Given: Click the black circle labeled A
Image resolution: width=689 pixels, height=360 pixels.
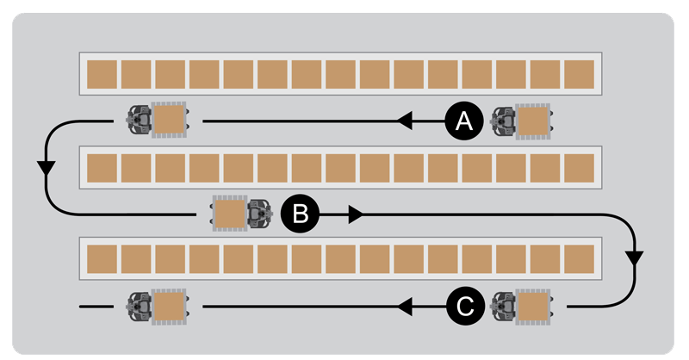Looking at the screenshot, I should [463, 122].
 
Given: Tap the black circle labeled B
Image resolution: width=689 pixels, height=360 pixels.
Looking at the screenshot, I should [300, 214].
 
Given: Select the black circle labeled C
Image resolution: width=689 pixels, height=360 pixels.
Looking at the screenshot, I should [463, 305].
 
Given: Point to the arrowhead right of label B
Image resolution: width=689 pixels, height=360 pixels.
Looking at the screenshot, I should [355, 214].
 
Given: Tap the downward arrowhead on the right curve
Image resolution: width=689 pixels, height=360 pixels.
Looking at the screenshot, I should [636, 257].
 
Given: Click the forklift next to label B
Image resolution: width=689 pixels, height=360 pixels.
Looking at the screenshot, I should [240, 214].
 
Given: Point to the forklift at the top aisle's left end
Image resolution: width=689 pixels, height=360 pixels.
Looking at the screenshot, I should [158, 121].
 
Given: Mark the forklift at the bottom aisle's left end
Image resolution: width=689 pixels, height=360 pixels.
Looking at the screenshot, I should [158, 305].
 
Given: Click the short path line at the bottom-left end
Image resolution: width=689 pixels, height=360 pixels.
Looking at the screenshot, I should [96, 306].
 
